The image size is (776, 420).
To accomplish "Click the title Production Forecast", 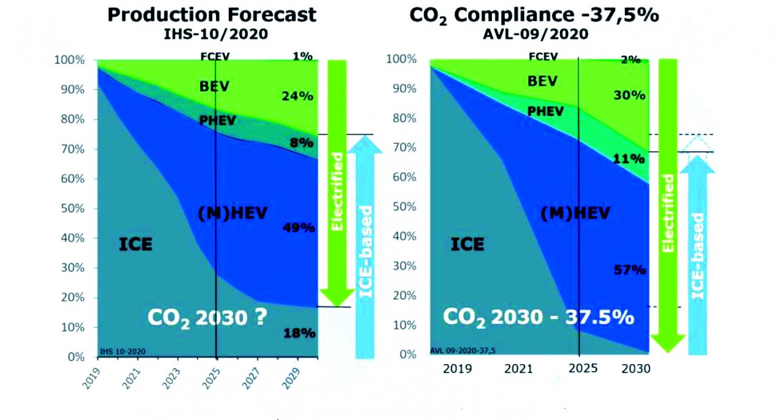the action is point(212,15).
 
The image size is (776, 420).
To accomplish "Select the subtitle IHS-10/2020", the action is point(215,35).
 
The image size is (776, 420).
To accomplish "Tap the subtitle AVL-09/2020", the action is point(535,34).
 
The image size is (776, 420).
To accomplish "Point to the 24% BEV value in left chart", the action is point(297,96).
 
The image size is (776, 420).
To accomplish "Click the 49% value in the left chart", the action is point(299,228).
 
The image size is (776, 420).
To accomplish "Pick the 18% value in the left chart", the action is point(299,333).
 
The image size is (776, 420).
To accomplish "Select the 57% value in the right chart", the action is point(630,269).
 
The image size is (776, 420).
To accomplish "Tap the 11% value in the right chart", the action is point(629,159).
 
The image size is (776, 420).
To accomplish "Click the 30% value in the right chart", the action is point(629,95).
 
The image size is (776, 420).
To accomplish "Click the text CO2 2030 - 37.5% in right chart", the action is point(538,317).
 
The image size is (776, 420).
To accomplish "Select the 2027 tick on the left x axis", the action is point(251,378).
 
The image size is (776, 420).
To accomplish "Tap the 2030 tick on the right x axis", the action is point(636,368).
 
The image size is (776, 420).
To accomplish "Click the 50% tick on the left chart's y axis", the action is point(73,209).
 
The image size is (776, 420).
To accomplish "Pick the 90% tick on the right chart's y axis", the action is point(404,89).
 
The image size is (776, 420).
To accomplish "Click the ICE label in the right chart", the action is point(467,245).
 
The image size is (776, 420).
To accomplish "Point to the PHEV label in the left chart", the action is point(217,120).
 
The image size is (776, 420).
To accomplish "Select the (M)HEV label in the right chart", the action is point(575,213).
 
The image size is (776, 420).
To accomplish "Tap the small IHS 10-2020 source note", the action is point(123,352).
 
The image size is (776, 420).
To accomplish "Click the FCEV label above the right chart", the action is point(543,56).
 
